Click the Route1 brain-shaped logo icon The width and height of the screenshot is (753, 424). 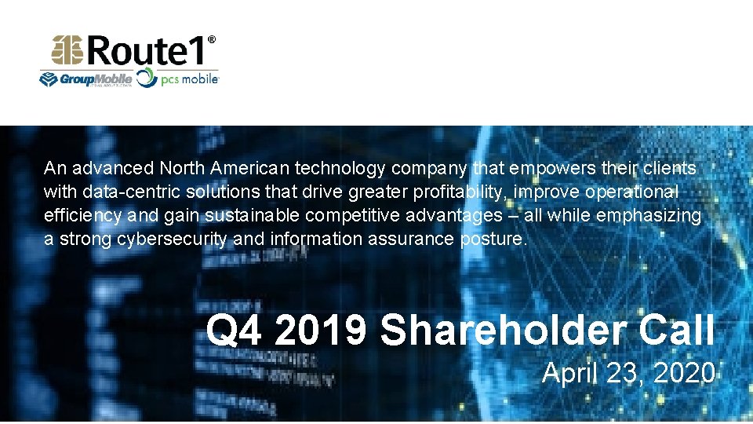coord(68,51)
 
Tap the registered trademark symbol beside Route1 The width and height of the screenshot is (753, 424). coord(212,39)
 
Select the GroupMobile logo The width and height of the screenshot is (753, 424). coord(86,79)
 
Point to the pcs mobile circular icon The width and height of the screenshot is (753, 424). coord(147,79)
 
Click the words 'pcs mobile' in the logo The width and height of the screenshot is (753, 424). coord(190,79)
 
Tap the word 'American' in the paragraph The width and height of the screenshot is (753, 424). coord(255,168)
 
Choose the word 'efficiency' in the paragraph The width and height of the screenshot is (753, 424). coord(82,215)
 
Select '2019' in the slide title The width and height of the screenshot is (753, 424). coord(321,331)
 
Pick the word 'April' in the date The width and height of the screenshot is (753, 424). coord(569,372)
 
